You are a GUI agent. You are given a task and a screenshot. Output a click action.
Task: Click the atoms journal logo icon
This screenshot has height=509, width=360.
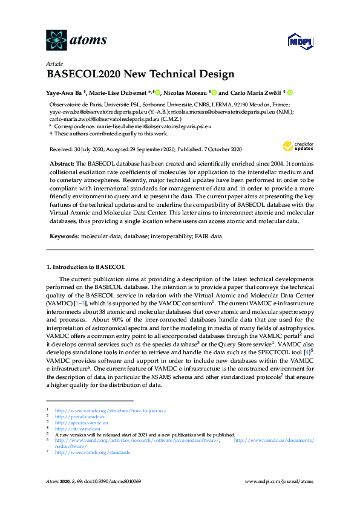(56, 40)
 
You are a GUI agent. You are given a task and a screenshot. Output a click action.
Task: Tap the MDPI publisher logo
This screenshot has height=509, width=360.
(299, 41)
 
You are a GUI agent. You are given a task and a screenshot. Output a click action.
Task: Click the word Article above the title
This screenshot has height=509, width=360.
(53, 64)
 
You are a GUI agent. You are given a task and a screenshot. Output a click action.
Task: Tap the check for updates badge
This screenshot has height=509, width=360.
(296, 146)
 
